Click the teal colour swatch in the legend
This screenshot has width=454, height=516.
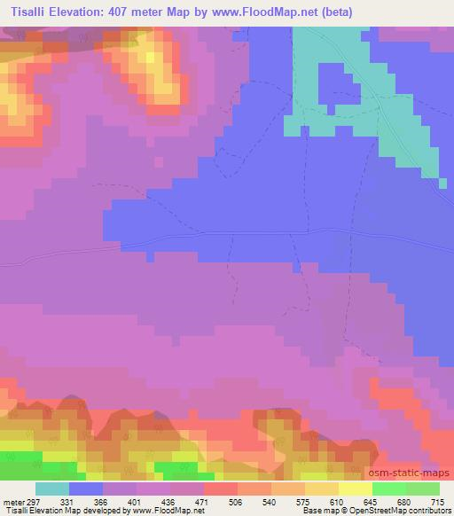tap(52, 489)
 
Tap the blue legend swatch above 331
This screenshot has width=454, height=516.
tap(86, 489)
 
